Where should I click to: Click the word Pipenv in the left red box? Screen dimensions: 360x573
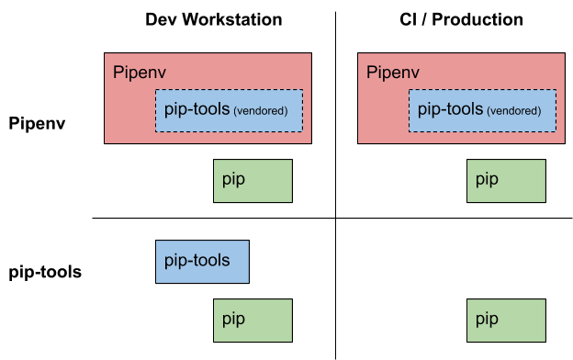[x=139, y=73]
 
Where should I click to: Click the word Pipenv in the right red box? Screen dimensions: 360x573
[x=392, y=73]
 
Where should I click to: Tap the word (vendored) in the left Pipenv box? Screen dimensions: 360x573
[x=261, y=111]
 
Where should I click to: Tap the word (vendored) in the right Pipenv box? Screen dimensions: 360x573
[x=514, y=111]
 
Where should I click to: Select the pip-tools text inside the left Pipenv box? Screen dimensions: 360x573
[x=197, y=109]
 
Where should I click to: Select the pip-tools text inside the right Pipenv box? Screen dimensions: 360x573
[x=450, y=109]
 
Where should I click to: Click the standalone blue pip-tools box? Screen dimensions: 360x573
[x=202, y=262]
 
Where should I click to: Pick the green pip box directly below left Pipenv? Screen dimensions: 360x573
[x=253, y=181]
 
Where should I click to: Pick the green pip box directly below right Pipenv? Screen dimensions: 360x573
[x=506, y=181]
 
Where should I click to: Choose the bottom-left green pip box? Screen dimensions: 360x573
[x=253, y=320]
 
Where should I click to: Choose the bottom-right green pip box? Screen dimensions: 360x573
[x=506, y=320]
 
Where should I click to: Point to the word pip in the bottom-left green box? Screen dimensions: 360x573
[x=233, y=320]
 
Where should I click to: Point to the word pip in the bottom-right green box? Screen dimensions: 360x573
[x=487, y=320]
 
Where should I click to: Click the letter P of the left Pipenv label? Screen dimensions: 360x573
[x=118, y=73]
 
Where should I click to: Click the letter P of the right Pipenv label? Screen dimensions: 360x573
[x=371, y=73]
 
